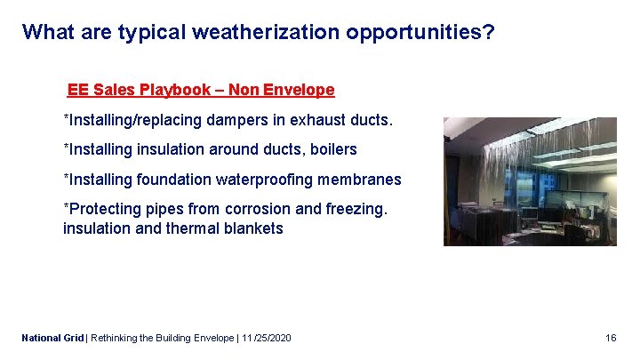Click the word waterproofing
click(x=268, y=180)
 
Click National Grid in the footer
click(x=52, y=338)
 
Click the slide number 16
click(x=611, y=338)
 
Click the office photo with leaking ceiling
click(x=530, y=181)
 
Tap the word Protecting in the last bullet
click(x=101, y=210)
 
